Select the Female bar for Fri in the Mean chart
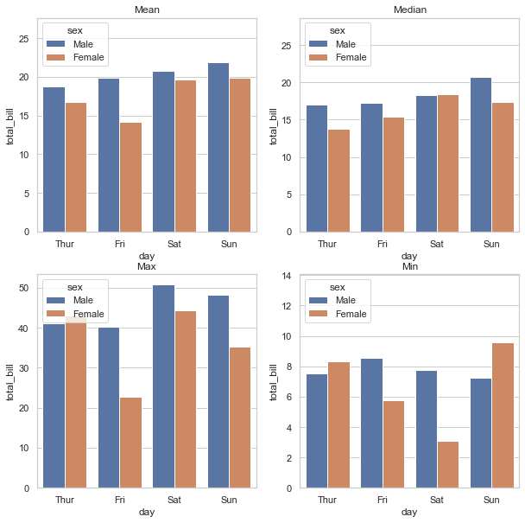[x=131, y=177]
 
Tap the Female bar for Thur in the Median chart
[x=338, y=181]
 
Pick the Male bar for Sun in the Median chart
[x=481, y=155]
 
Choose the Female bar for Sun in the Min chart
[x=503, y=416]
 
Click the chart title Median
[x=409, y=10]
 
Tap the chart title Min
[x=409, y=266]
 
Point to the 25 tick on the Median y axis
[x=285, y=46]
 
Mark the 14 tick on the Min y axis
[x=285, y=276]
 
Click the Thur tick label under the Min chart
[x=327, y=501]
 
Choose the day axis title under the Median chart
[x=409, y=256]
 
